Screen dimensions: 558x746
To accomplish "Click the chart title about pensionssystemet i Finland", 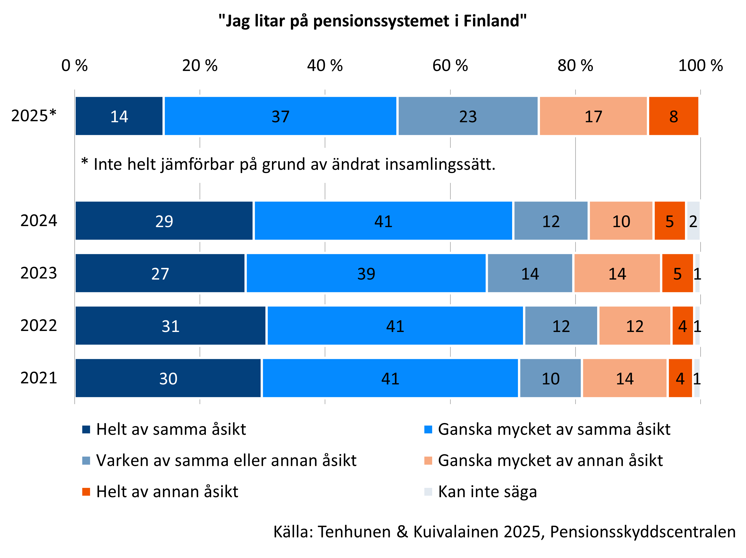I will point(372,21).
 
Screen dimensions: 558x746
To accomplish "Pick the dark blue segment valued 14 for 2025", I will point(119,116).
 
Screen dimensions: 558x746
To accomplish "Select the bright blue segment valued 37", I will point(280,116).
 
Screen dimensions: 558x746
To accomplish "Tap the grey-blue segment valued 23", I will point(468,116).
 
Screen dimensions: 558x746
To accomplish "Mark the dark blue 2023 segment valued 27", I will point(160,273).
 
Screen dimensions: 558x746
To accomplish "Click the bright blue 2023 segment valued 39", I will point(366,273).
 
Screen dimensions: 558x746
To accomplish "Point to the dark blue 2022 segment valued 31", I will point(170,326).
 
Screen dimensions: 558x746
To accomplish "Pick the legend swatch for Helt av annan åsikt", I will point(86,492).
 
